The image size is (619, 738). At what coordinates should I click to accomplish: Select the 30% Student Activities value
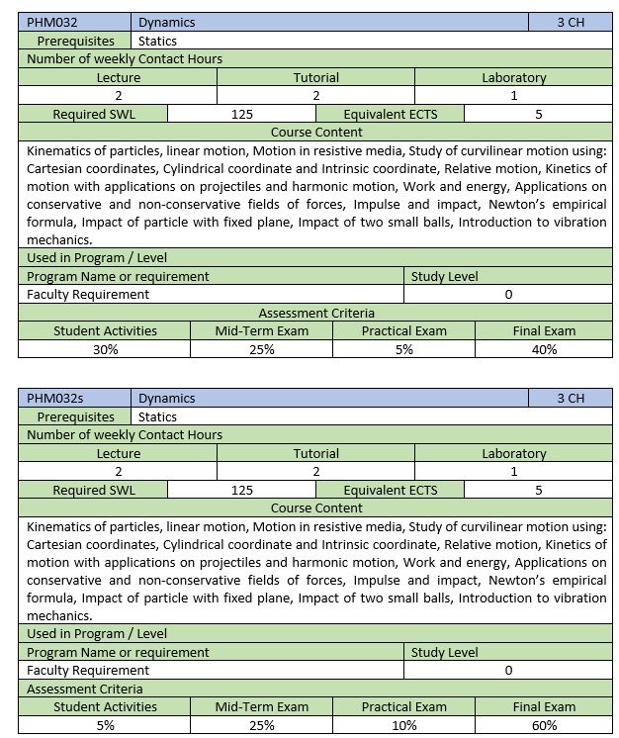(x=105, y=349)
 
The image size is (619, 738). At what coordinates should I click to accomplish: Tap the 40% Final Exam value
(x=544, y=349)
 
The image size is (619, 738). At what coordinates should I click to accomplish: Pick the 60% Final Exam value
(x=544, y=725)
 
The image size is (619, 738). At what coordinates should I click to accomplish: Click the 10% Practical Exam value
(x=403, y=725)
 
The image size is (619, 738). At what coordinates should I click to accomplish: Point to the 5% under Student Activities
(x=105, y=725)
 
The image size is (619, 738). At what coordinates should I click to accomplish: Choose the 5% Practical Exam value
(x=403, y=349)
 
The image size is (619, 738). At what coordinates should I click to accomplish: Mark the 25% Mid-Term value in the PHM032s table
(x=261, y=725)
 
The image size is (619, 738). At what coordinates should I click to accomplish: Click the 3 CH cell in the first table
(x=571, y=22)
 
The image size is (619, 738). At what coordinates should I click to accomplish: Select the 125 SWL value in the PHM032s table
(x=241, y=490)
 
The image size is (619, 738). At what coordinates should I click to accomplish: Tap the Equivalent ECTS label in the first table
(x=390, y=114)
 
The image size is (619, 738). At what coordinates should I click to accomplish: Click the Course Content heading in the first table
(x=315, y=132)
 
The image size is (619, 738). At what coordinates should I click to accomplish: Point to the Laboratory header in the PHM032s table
(x=513, y=453)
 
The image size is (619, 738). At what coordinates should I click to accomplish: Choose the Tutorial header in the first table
(x=315, y=77)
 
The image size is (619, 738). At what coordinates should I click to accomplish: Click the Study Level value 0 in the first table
(x=508, y=294)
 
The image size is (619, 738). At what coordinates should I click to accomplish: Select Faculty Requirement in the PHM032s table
(x=88, y=670)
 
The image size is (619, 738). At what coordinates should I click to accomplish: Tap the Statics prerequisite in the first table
(x=157, y=41)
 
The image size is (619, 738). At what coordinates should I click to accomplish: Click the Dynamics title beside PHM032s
(x=166, y=398)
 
